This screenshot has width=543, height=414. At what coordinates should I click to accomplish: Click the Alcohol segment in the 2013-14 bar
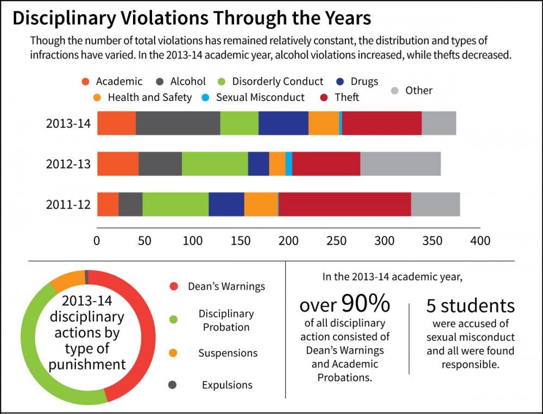coord(178,123)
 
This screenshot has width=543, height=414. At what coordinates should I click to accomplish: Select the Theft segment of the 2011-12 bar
coord(344,204)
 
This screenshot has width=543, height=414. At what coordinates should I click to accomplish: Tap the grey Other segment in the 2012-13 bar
coord(400,164)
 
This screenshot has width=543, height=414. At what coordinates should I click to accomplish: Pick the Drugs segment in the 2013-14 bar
coord(283,123)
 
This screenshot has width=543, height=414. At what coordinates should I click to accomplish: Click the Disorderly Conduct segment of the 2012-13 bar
coord(214,164)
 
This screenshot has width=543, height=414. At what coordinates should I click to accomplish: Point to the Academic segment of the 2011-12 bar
coord(108,204)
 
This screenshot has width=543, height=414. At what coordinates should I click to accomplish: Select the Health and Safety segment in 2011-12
coord(261,204)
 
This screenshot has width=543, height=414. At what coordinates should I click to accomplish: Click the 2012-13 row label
coord(68,164)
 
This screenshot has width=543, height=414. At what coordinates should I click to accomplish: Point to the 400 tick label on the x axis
coord(480,241)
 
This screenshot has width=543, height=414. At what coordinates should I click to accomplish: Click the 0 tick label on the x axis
coord(97,241)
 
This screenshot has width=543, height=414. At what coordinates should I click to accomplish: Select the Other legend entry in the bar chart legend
coord(419,91)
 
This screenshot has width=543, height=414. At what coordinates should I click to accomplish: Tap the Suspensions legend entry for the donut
coord(228,353)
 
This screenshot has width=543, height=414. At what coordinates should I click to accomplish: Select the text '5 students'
coord(470,305)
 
